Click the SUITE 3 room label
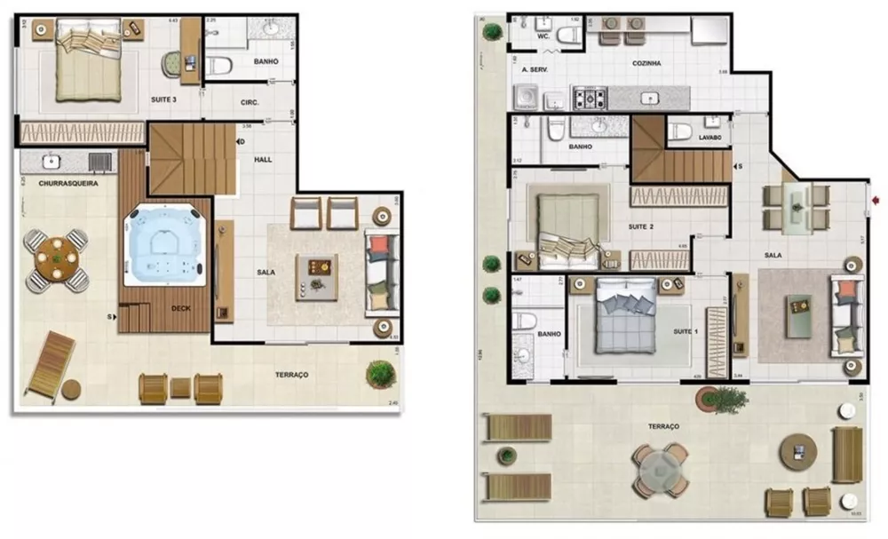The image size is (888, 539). tap(162, 99)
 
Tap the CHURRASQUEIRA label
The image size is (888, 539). tap(67, 183)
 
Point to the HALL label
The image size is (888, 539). tap(263, 159)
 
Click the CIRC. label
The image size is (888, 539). tap(250, 103)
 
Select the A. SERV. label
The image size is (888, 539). tap(535, 68)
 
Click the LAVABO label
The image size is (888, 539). tap(709, 138)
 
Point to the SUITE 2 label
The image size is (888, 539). tap(640, 226)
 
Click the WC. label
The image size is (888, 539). tap(543, 37)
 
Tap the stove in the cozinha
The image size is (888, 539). tap(590, 95)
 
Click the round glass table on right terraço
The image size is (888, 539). tap(660, 470)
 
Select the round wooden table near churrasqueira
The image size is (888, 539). tap(57, 260)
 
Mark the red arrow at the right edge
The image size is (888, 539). tap(877, 202)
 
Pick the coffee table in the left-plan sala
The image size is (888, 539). tap(317, 266)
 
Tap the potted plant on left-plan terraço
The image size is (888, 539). tap(381, 373)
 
